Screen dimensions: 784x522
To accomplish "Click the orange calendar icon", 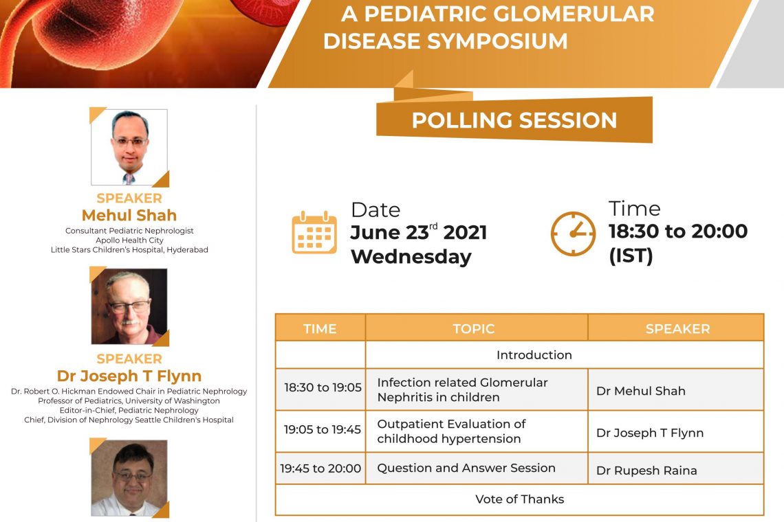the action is click(x=314, y=232).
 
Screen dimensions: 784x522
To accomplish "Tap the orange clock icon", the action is click(x=573, y=234).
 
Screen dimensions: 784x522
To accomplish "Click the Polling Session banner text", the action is click(x=514, y=120).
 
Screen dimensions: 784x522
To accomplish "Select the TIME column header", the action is click(x=320, y=329).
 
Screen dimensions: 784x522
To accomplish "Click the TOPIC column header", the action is click(x=474, y=329).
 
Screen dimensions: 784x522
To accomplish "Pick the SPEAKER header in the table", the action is click(x=677, y=329).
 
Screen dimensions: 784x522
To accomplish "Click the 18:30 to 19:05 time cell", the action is click(x=323, y=387).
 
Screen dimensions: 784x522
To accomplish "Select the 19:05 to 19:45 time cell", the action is click(x=323, y=429).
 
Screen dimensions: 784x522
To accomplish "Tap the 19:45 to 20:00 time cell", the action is click(x=320, y=468).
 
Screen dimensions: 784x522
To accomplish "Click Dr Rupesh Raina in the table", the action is click(x=646, y=470).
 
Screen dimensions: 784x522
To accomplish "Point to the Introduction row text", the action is click(x=534, y=355).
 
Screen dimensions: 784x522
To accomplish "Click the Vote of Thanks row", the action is click(x=519, y=499).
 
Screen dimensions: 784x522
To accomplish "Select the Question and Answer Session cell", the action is click(x=466, y=468).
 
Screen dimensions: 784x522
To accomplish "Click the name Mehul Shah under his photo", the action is click(x=129, y=215).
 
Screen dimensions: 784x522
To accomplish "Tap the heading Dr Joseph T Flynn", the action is click(x=129, y=376).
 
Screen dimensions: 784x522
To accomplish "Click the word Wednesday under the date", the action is click(x=411, y=257).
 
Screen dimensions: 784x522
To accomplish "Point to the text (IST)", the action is click(x=631, y=256).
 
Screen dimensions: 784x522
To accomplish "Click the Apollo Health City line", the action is click(x=129, y=240).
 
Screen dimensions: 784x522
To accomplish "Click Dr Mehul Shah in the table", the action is click(x=640, y=391).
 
